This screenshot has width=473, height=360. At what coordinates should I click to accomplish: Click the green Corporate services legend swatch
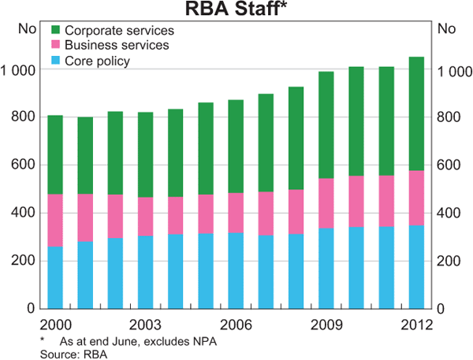click(x=55, y=30)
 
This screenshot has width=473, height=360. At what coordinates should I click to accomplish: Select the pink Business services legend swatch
click(x=55, y=45)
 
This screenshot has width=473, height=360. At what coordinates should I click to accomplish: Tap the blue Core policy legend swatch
click(x=55, y=60)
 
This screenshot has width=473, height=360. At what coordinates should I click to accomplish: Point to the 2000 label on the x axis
click(x=55, y=325)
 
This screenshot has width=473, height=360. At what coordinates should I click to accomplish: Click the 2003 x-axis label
click(x=145, y=325)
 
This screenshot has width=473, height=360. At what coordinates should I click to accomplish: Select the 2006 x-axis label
click(x=235, y=325)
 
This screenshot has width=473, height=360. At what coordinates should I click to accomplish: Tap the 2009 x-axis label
click(x=326, y=325)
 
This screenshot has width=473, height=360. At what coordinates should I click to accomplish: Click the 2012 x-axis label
click(x=416, y=325)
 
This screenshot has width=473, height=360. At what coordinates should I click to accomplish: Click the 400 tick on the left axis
click(x=24, y=213)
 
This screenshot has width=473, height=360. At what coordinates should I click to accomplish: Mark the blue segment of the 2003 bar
click(x=145, y=272)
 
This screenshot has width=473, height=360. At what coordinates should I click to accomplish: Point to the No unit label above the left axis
click(x=27, y=30)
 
